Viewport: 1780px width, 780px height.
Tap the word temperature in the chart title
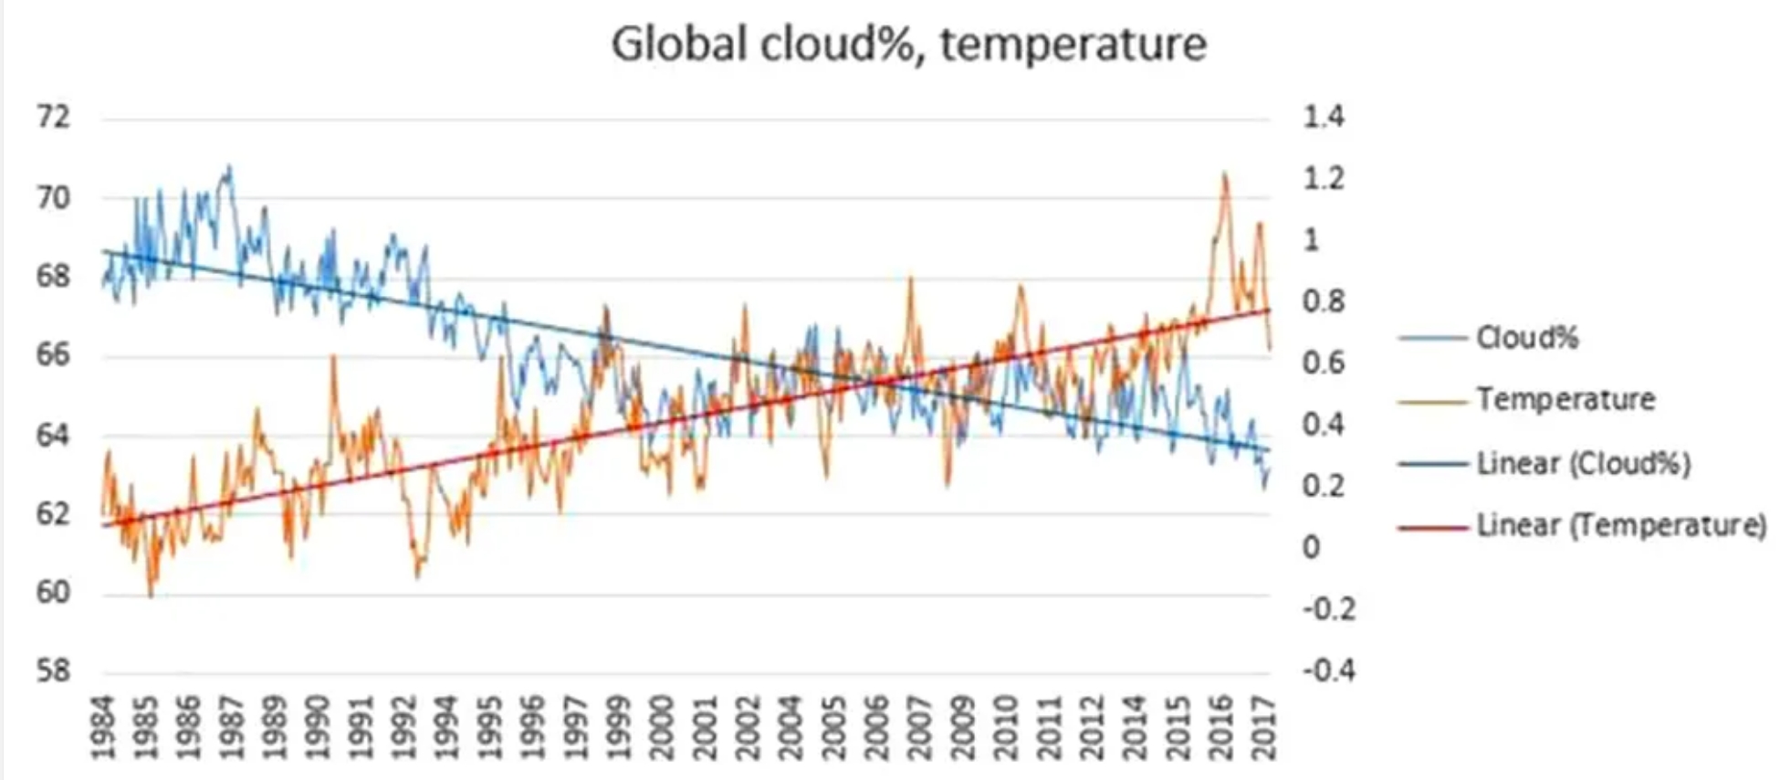pos(1073,44)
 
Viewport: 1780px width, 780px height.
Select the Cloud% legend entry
pos(1526,338)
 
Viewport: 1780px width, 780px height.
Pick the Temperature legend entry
pos(1565,399)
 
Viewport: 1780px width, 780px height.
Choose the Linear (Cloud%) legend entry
pos(1583,463)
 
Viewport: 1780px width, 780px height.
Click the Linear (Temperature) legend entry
pos(1621,525)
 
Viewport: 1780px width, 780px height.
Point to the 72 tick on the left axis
pos(53,118)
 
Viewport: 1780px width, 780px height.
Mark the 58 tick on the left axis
pos(53,671)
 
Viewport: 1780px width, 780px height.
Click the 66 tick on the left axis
pos(53,354)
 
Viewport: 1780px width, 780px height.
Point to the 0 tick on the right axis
pos(1311,547)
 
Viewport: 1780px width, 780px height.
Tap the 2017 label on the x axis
pos(1263,727)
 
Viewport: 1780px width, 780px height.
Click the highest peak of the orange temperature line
pos(1224,174)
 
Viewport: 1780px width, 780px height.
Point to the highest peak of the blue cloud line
pos(229,166)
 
